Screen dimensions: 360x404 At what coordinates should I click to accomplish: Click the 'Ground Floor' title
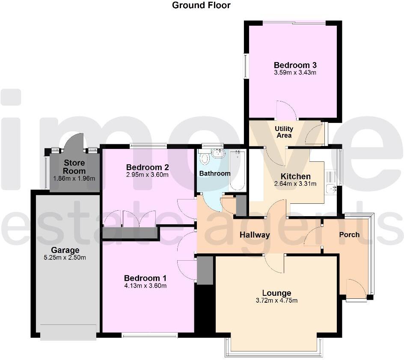point(201,6)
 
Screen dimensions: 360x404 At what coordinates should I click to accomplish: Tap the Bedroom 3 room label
point(295,65)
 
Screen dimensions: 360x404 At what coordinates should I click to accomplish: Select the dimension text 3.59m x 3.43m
point(295,73)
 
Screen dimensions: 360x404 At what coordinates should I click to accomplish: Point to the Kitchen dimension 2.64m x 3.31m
point(295,184)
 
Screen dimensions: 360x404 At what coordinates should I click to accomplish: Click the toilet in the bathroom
point(204,158)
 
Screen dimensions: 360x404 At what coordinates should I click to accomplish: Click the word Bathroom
point(215,173)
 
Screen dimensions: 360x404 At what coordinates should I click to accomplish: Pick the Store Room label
point(74,167)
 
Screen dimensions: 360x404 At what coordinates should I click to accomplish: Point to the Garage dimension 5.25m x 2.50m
point(65,258)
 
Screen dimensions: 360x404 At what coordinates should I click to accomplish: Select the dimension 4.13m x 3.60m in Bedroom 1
point(146,286)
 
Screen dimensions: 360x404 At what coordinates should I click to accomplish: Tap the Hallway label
point(255,235)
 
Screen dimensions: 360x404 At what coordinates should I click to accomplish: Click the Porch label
point(349,235)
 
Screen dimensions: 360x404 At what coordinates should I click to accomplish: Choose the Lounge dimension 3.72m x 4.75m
point(276,300)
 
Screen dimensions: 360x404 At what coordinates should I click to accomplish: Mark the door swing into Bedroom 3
point(285,111)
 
